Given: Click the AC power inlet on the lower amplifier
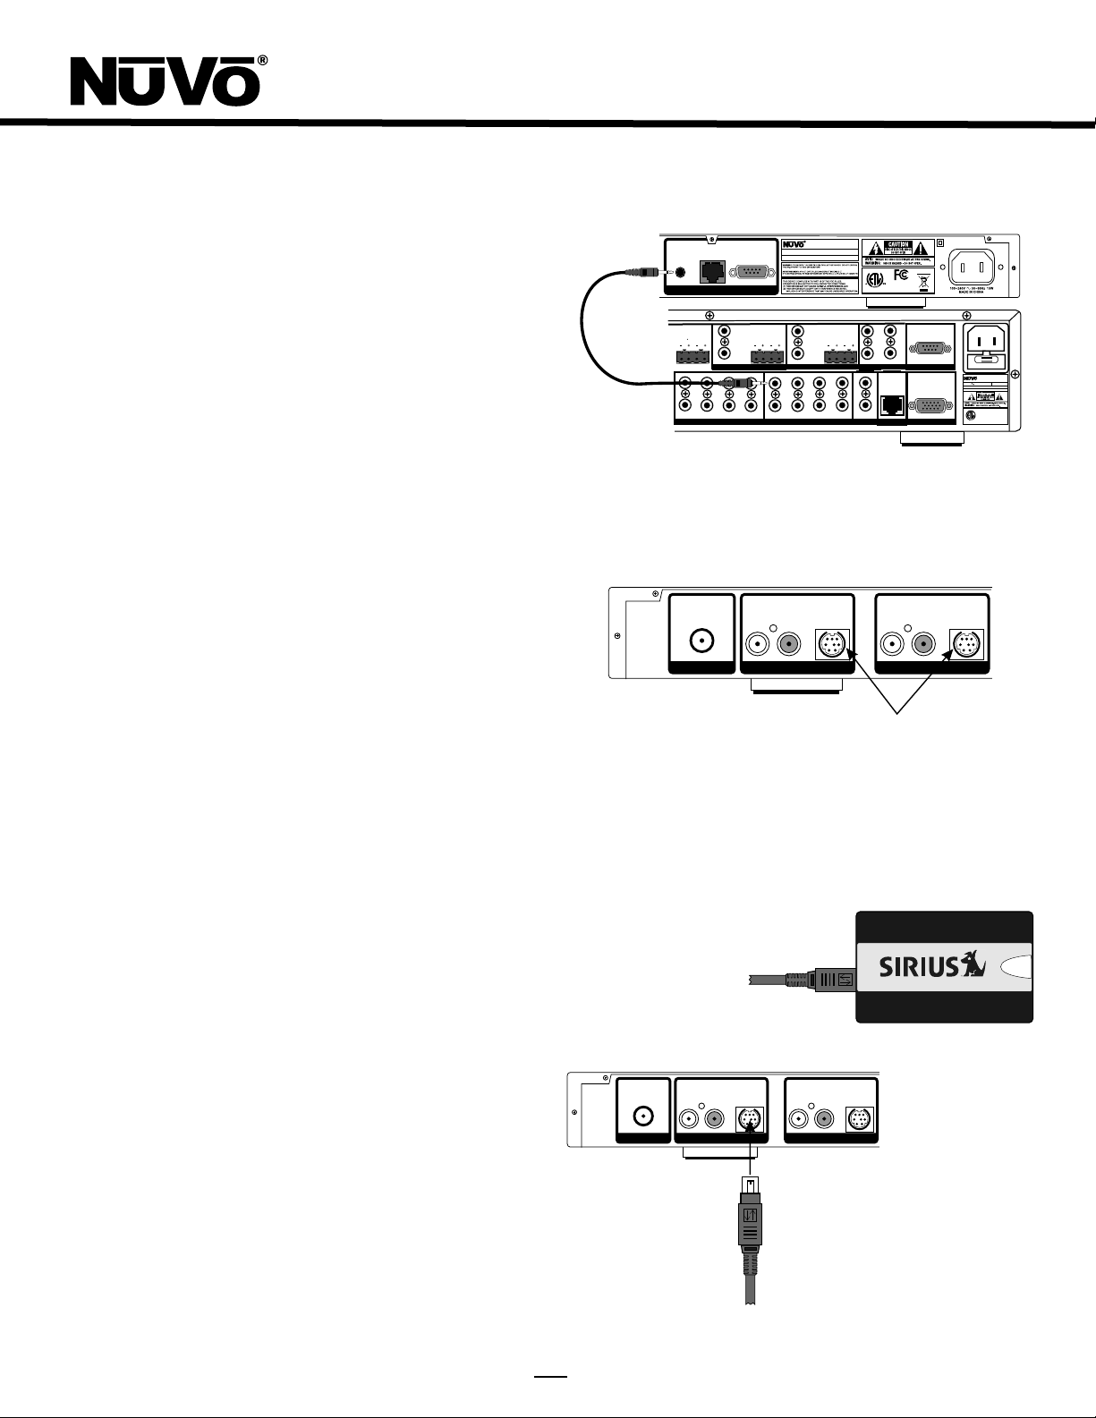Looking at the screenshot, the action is (986, 343).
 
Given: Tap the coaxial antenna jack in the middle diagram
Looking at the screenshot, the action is (701, 641).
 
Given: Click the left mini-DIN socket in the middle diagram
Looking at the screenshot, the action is (831, 642).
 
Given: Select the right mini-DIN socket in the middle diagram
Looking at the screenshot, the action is (966, 642).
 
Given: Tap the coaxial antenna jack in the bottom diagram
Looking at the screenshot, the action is (642, 1117).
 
